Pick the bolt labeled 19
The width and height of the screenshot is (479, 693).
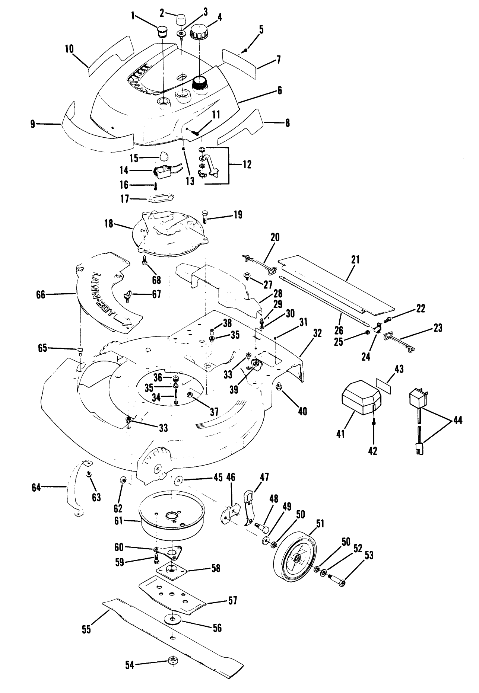206,216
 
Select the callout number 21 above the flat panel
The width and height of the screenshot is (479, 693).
355,260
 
